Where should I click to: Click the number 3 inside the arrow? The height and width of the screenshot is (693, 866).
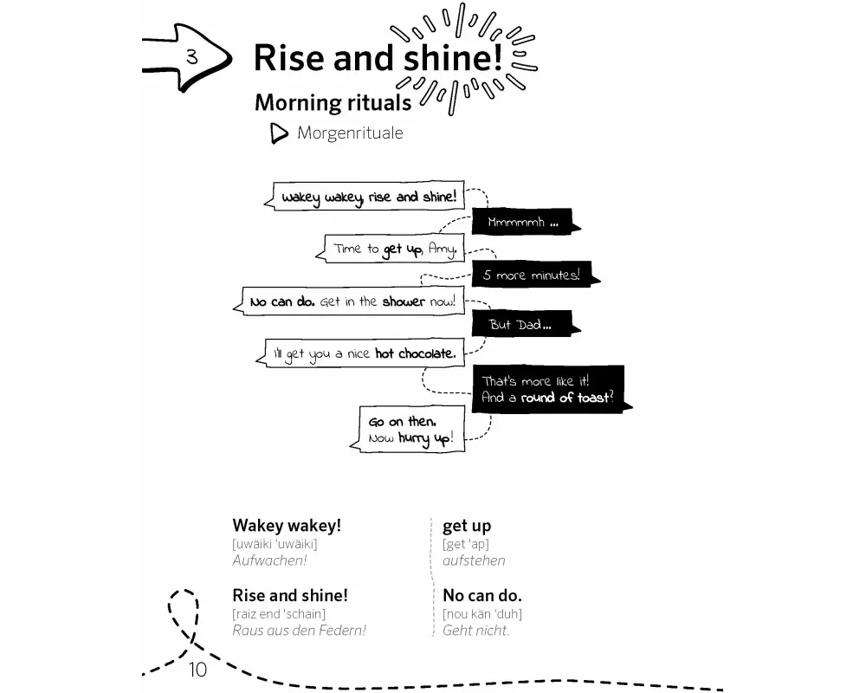191,58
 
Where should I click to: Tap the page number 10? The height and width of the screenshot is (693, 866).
197,670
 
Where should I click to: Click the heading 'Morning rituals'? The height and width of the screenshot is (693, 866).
333,102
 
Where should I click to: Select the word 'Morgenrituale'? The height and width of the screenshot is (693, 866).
350,133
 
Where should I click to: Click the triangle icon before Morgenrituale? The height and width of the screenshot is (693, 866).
279,134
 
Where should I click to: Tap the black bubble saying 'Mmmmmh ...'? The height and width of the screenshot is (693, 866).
522,223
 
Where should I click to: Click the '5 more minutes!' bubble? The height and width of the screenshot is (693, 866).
531,275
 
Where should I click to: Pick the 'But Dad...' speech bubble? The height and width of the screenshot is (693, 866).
520,325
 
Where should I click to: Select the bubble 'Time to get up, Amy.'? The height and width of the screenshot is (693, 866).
394,249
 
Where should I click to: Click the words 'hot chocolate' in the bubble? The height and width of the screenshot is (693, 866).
415,353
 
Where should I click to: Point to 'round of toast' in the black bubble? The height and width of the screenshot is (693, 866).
566,398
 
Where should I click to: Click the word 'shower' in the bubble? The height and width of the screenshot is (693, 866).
404,302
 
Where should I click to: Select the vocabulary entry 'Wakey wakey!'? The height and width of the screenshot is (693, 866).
287,526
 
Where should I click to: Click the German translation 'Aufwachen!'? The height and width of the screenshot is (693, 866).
269,560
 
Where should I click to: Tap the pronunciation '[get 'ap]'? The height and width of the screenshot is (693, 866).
466,544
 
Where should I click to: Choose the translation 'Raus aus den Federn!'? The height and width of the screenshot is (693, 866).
299,631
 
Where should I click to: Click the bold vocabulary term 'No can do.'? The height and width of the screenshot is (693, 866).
482,596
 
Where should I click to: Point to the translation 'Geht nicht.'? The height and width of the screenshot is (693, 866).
476,631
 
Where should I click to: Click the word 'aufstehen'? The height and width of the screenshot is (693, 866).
474,560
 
